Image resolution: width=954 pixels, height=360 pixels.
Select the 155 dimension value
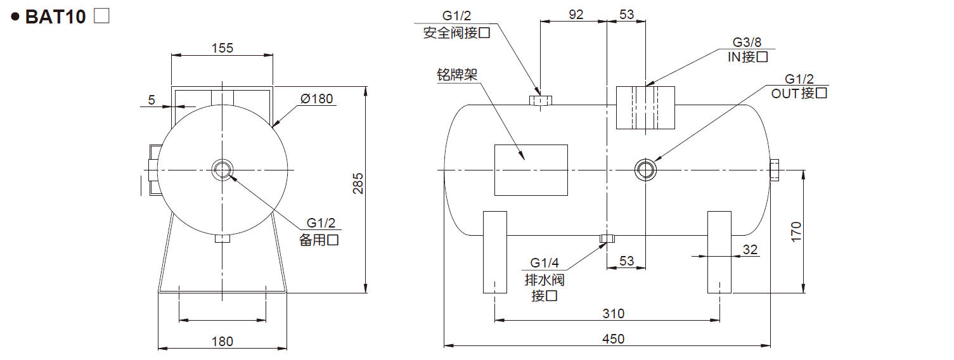point(222,48)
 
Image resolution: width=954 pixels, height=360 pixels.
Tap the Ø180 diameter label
point(316,99)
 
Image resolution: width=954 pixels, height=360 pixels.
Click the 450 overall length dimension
point(613,338)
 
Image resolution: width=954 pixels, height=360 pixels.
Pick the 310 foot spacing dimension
point(613,313)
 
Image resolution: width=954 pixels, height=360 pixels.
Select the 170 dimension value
point(797,231)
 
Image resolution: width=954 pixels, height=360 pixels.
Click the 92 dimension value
point(576,15)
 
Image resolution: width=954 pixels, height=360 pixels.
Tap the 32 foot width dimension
point(750,249)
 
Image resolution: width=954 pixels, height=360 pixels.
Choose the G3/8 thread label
point(747,42)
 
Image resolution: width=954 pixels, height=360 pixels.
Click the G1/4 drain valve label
point(545,263)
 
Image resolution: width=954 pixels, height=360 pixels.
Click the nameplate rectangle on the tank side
point(531,169)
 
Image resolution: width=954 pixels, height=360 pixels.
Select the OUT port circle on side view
point(645,169)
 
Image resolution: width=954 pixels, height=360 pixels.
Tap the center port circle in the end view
point(222,169)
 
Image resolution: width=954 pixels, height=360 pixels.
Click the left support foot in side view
point(495,252)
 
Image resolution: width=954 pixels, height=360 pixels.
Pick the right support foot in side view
point(719,252)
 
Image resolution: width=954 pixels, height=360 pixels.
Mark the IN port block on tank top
point(646,107)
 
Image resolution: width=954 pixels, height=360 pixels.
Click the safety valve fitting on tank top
point(540,100)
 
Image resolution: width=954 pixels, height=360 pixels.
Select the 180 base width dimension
point(222,341)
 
